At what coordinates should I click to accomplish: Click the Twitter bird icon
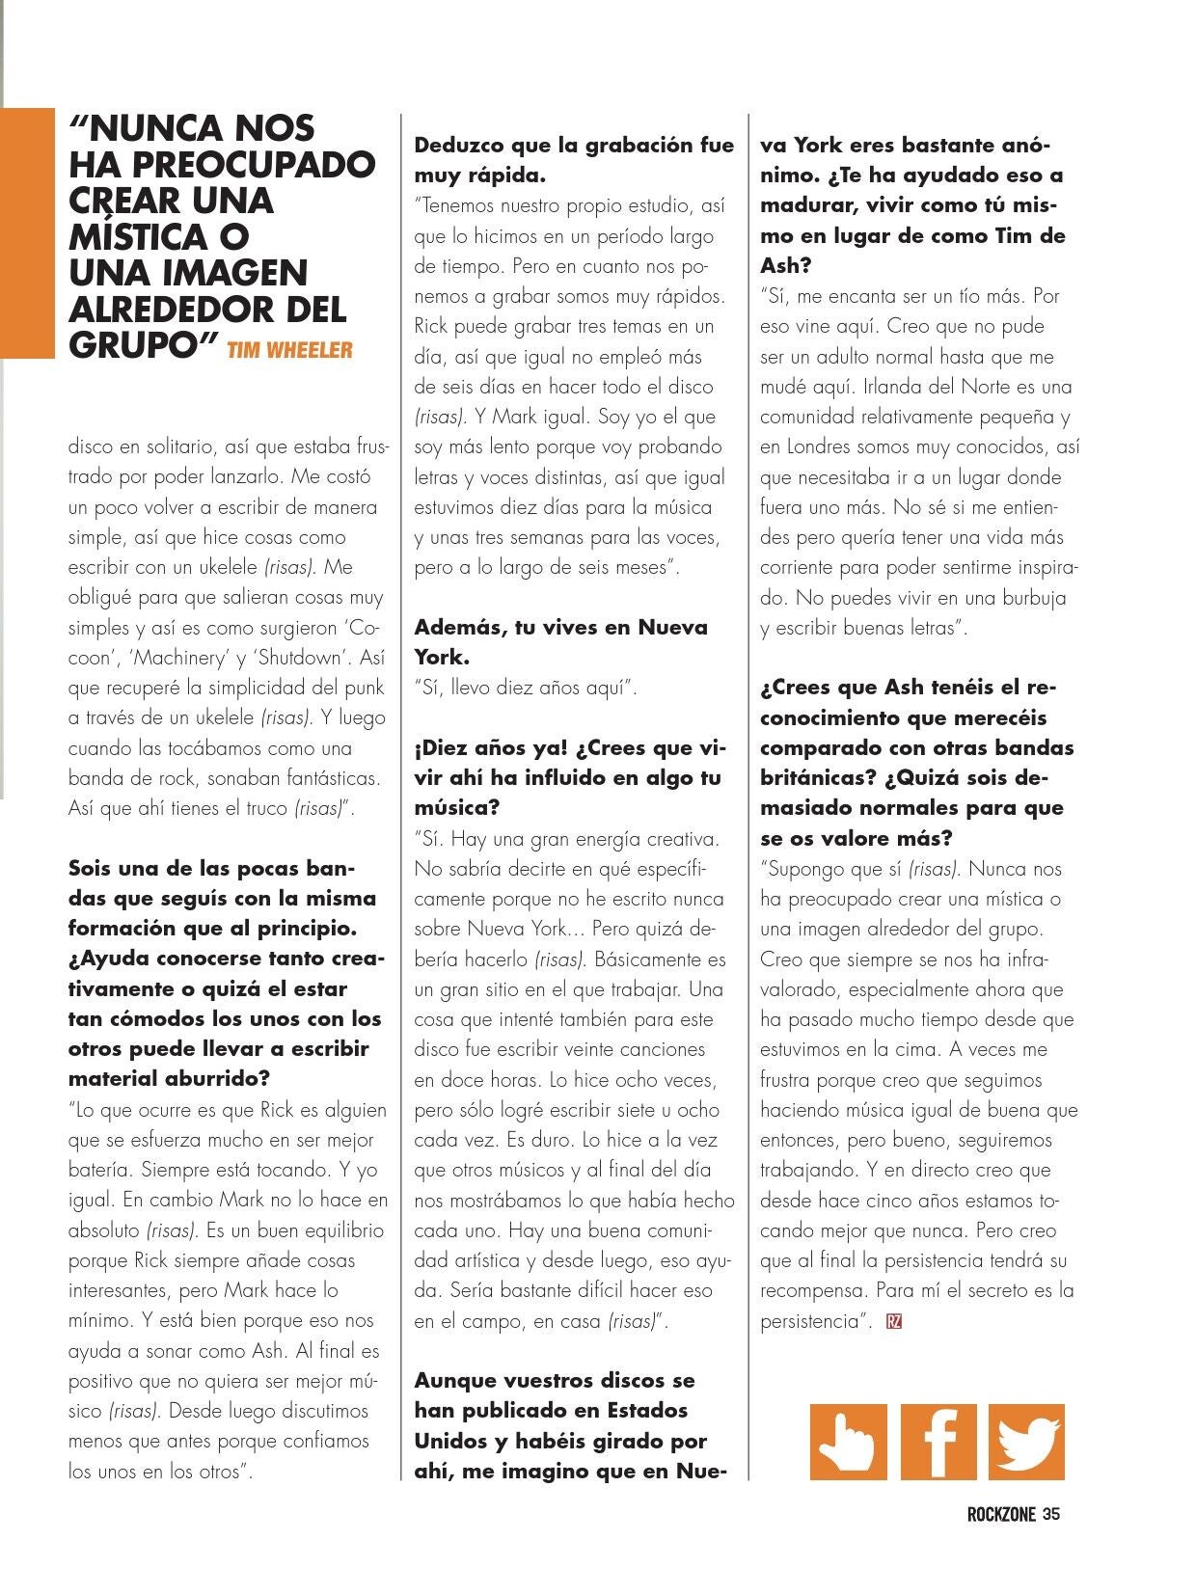tap(1026, 1442)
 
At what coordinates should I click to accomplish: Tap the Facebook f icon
tap(938, 1442)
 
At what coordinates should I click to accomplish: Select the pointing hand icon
tap(848, 1442)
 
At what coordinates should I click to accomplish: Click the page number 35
tap(1051, 1514)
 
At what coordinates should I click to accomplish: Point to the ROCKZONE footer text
tap(1000, 1514)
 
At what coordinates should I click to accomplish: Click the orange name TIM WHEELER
tap(289, 350)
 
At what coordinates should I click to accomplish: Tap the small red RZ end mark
tap(893, 1321)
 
